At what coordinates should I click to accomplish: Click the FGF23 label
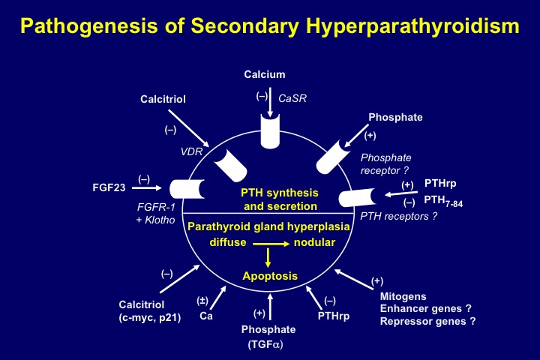pos(109,187)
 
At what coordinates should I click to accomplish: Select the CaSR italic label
pos(292,98)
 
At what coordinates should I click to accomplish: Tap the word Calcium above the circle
pos(265,74)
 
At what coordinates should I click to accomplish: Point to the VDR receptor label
pos(191,151)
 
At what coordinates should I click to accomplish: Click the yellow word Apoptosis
pos(270,276)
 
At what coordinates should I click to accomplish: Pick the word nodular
pos(314,242)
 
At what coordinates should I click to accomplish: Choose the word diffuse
pos(228,242)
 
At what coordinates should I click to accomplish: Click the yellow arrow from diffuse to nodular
pos(271,244)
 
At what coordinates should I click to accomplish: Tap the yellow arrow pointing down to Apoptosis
pos(268,257)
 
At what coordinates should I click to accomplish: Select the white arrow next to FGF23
pos(147,187)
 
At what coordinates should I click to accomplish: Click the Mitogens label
pos(403,296)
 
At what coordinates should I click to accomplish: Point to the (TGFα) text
pos(265,344)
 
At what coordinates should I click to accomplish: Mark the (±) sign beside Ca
pos(202,301)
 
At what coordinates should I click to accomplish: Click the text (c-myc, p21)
pos(150,318)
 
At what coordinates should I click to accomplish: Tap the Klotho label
pos(160,220)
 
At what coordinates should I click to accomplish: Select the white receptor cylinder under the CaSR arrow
pos(270,131)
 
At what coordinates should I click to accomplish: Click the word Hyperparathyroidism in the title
pos(412,26)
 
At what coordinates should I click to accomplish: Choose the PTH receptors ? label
pos(399,216)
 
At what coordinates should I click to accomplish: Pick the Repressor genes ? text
pos(427,322)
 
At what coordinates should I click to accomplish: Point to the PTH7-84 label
pos(443,201)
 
